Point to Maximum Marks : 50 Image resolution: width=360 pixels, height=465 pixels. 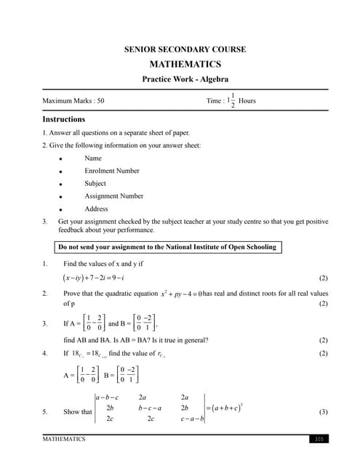click(73, 101)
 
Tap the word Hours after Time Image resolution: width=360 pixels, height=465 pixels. click(247, 101)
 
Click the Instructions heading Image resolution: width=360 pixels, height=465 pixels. click(63, 119)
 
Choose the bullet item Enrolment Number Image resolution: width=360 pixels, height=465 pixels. click(112, 171)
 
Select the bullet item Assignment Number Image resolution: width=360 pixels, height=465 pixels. click(113, 196)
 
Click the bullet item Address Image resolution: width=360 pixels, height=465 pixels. click(96, 209)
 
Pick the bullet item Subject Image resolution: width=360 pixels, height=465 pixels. click(95, 183)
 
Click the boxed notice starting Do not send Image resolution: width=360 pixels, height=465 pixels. click(167, 247)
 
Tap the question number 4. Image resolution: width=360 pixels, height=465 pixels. click(45, 354)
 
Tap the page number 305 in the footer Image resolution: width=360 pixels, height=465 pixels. click(319, 439)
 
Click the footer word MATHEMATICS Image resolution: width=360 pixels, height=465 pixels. click(64, 439)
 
